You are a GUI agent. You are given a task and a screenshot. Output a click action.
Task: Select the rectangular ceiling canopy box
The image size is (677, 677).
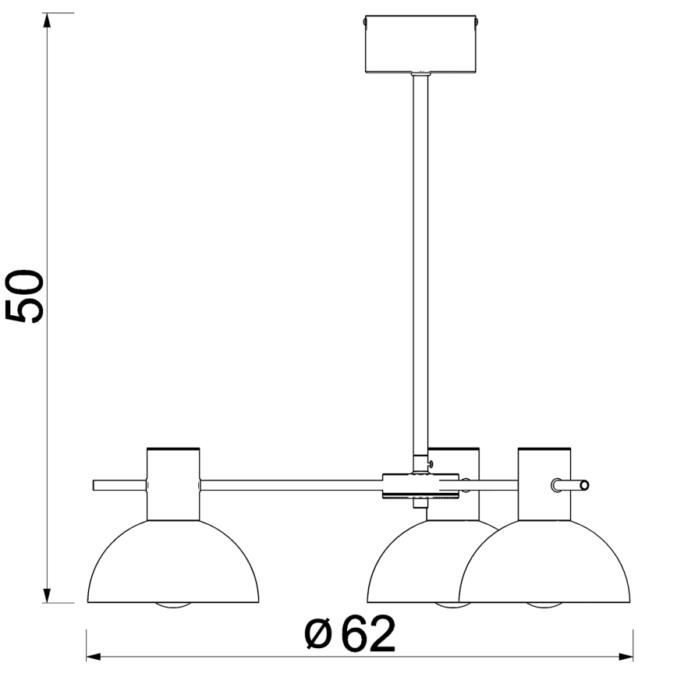click(x=420, y=44)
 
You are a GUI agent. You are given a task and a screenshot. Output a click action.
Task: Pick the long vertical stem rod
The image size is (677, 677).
click(x=420, y=257)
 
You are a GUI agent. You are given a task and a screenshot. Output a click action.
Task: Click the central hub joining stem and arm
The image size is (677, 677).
click(x=420, y=485)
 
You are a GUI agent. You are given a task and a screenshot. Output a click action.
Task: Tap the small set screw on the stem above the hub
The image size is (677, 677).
click(x=429, y=463)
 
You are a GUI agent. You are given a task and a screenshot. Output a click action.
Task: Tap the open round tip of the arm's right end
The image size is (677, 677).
click(x=585, y=485)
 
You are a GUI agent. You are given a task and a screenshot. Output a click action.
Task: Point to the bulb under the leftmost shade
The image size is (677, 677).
click(x=172, y=606)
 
